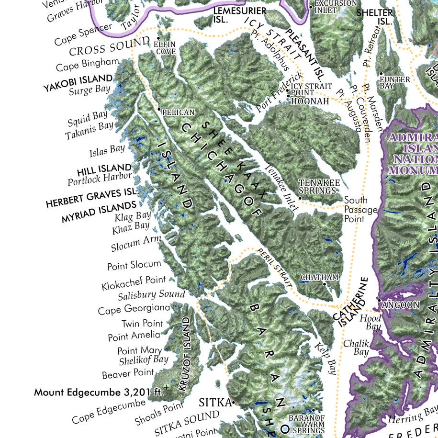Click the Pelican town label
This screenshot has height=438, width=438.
178,112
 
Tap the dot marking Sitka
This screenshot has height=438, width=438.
234,403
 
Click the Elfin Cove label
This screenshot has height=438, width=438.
164,47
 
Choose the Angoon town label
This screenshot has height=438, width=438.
401,304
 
